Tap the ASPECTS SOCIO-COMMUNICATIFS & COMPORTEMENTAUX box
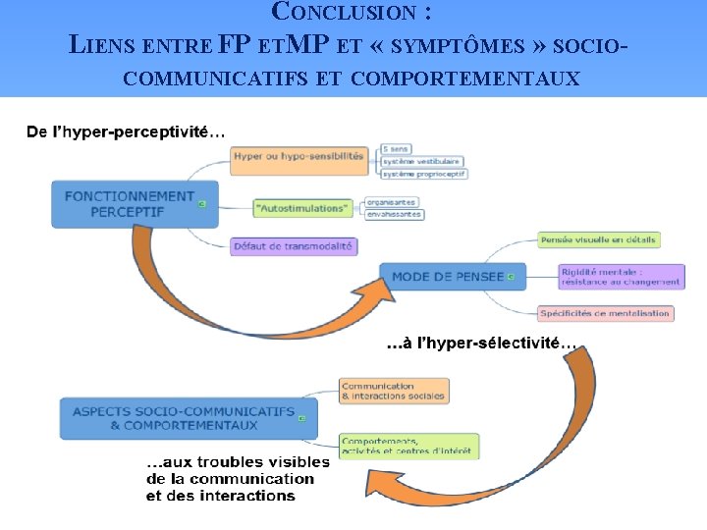(x=183, y=418)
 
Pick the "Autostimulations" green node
(x=302, y=208)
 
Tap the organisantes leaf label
(x=393, y=201)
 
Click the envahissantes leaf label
(x=394, y=214)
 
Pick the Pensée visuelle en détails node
(x=598, y=239)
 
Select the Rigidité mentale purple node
(x=620, y=277)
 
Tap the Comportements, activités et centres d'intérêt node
(x=408, y=446)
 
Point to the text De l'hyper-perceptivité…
(x=126, y=131)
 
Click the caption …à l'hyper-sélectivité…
(x=481, y=344)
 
